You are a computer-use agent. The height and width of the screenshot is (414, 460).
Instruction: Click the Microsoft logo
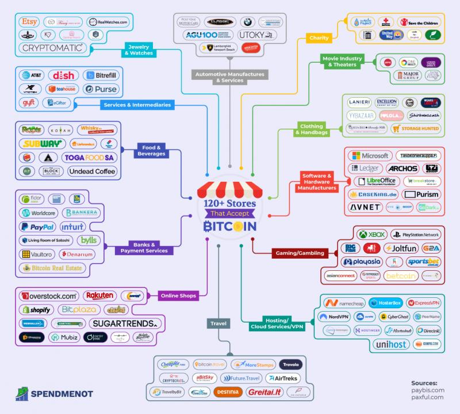point(370,156)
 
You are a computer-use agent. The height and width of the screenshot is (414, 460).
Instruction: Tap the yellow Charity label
point(319,38)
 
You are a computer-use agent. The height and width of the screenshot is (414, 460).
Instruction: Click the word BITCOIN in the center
point(229,227)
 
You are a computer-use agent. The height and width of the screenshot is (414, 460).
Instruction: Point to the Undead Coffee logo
point(92,171)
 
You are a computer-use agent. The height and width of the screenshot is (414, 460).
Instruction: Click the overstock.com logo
point(48,296)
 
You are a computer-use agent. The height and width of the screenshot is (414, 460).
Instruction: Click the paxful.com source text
point(427,397)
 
